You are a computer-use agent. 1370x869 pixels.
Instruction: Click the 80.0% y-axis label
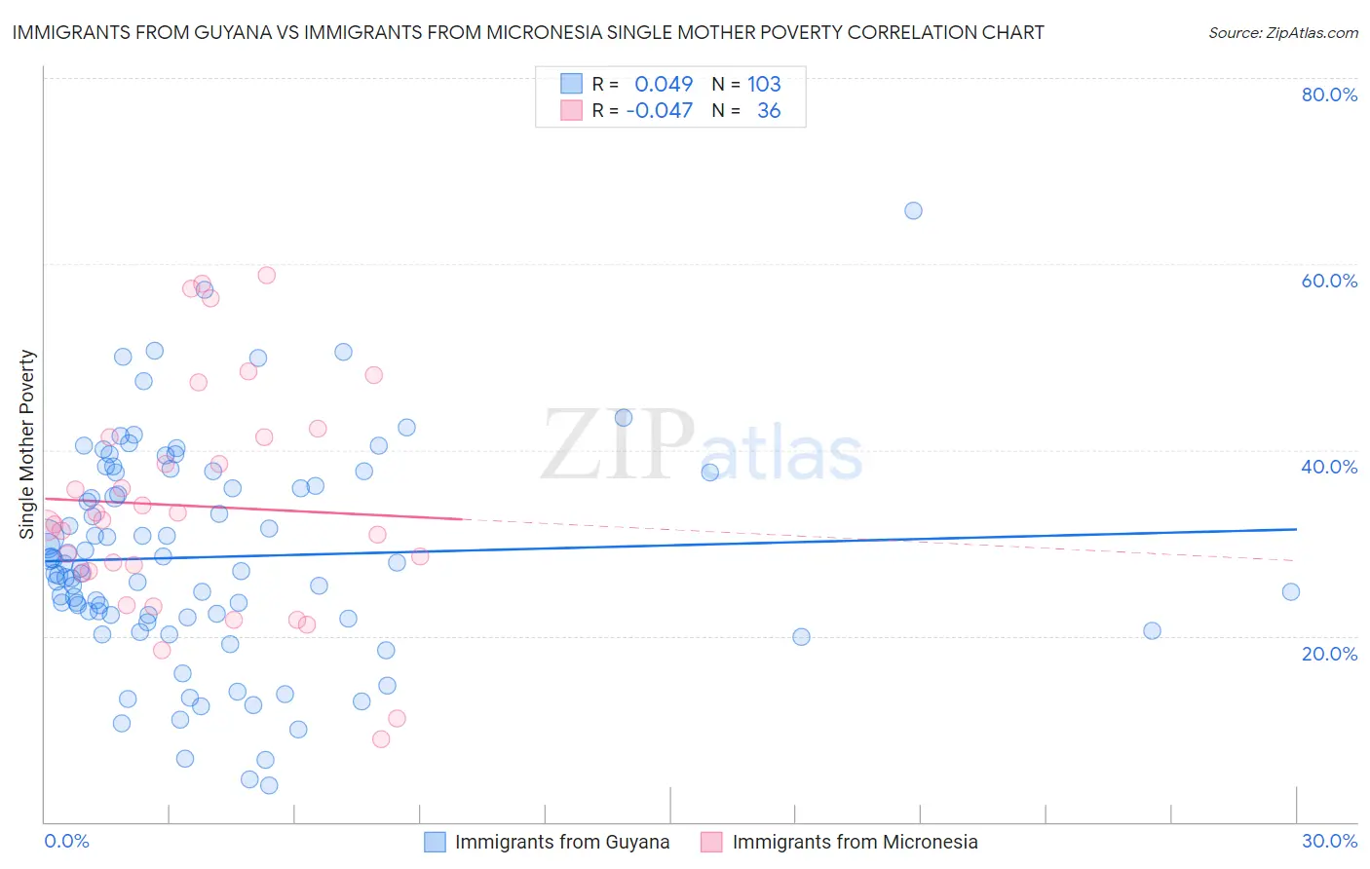(x=1329, y=94)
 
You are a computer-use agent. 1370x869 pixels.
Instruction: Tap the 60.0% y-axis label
(x=1329, y=281)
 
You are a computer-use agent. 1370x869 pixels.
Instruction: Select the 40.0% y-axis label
(x=1329, y=467)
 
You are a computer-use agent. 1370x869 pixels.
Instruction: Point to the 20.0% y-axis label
(x=1329, y=653)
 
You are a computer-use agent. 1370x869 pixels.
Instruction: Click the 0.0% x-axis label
(x=66, y=841)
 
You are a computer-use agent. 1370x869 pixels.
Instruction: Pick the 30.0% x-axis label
(x=1329, y=841)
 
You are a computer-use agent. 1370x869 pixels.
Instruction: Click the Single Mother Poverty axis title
(x=27, y=444)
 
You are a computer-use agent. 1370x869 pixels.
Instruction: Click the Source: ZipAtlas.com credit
(x=1282, y=32)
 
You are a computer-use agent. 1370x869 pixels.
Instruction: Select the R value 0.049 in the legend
(x=664, y=84)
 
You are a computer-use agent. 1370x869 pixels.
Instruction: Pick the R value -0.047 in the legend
(x=660, y=110)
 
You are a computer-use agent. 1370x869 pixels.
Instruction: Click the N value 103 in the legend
(x=764, y=84)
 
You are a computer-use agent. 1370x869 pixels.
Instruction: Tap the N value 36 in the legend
(x=769, y=110)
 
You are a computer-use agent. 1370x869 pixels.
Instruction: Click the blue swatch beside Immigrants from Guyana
(x=435, y=842)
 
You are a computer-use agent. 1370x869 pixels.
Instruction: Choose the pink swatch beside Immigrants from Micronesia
(x=712, y=842)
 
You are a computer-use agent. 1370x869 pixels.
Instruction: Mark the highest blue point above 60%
(x=913, y=210)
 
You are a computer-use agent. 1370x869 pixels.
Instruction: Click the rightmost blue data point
(x=1290, y=591)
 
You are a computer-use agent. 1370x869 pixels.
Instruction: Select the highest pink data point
(x=266, y=275)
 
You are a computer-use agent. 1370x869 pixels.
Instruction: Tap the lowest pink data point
(x=381, y=738)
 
